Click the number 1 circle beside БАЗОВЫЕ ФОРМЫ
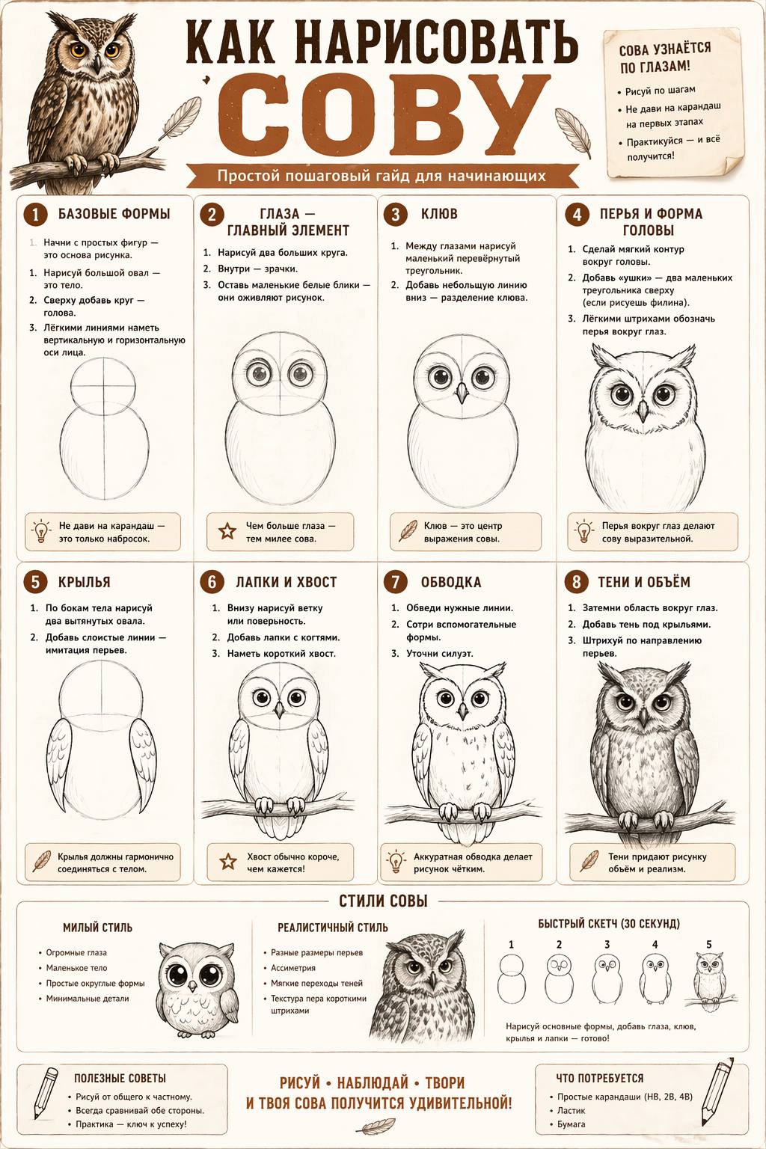click(x=35, y=215)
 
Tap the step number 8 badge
click(x=576, y=582)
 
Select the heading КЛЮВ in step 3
click(x=439, y=214)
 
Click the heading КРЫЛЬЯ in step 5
click(x=84, y=582)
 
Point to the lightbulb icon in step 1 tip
click(x=41, y=531)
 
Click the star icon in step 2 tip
click(x=227, y=531)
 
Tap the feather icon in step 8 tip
click(x=589, y=861)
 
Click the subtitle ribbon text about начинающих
click(x=382, y=176)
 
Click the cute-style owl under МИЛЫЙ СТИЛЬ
click(x=197, y=988)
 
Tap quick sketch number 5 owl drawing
click(x=711, y=981)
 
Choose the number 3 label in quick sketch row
click(x=607, y=944)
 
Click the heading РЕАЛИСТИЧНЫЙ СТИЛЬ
click(x=333, y=928)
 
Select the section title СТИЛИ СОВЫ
click(x=383, y=901)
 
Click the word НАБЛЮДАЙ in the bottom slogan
click(x=373, y=1083)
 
